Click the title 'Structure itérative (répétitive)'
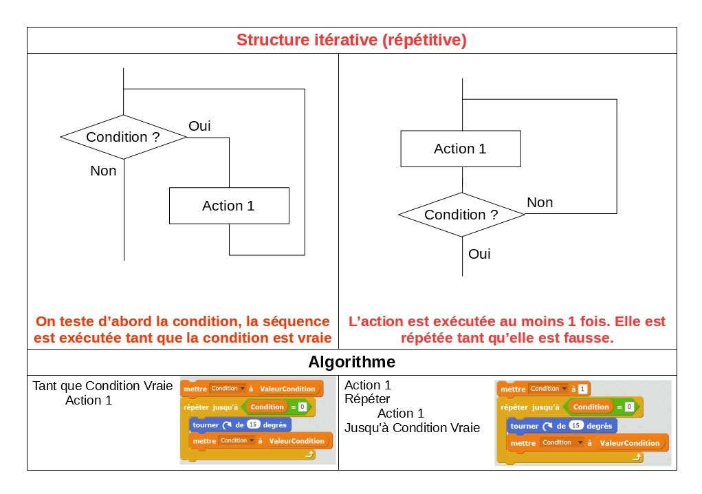click(x=351, y=40)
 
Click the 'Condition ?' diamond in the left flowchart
click(x=123, y=137)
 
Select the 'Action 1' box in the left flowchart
click(x=229, y=206)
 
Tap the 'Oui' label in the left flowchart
click(x=199, y=126)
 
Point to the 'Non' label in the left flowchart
click(x=103, y=171)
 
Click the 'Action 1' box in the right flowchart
click(x=460, y=149)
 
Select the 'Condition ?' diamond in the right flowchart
click(x=461, y=215)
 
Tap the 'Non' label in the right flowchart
click(x=540, y=202)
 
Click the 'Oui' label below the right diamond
click(x=479, y=254)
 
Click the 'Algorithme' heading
click(x=351, y=362)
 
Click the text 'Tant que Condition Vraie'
click(x=102, y=386)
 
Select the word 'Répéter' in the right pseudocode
click(x=367, y=399)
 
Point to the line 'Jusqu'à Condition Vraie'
click(x=412, y=428)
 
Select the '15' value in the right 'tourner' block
click(x=575, y=426)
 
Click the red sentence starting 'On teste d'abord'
click(x=183, y=330)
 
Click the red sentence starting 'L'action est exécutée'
click(x=507, y=330)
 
